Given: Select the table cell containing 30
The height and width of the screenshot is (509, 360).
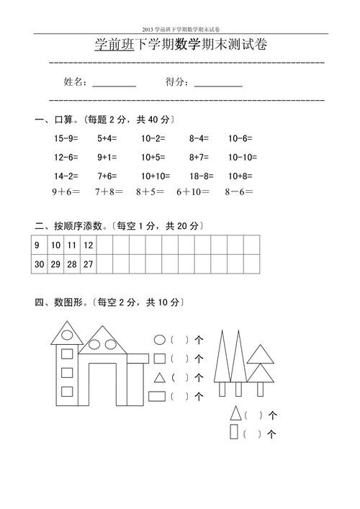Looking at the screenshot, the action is pos(39,264).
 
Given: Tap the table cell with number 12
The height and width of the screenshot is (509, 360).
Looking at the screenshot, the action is pos(88,246).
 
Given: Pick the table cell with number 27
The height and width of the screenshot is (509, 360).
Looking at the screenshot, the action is pos(88,264).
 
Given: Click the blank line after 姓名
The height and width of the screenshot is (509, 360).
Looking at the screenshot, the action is pos(114,86).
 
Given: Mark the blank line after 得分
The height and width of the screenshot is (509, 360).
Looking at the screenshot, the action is pos(218,86).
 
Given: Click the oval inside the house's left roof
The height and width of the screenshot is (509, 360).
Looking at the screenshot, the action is pos(68,333).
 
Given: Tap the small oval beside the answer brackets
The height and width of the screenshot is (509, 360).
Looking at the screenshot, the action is pos(160,339).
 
